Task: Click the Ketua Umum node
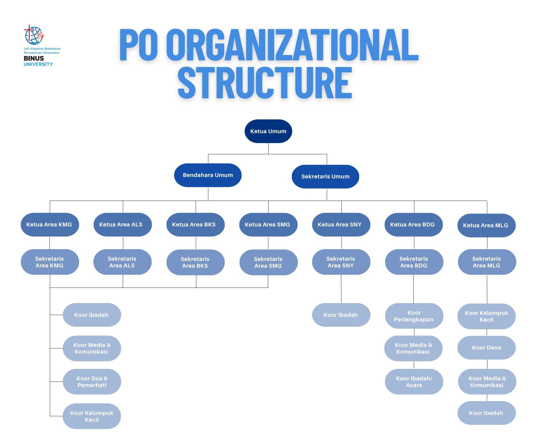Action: click(268, 131)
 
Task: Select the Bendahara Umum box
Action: click(208, 175)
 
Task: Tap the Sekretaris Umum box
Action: click(325, 176)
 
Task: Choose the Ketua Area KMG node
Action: click(50, 224)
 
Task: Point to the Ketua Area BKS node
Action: click(195, 224)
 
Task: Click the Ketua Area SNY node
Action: click(341, 224)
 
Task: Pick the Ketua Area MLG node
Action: click(487, 225)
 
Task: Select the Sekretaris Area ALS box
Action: click(122, 262)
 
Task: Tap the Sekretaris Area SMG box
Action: click(269, 262)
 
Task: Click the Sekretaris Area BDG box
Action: click(414, 262)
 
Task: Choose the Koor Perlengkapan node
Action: click(414, 316)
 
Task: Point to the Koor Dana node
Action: click(487, 347)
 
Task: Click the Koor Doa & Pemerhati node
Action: click(92, 381)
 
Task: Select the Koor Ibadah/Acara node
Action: click(414, 381)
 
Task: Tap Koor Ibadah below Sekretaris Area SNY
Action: click(341, 315)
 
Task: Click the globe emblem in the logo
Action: click(34, 35)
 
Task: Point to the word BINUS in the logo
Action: click(34, 58)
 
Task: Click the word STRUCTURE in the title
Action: click(265, 83)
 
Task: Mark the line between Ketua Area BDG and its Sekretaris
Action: click(414, 243)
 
